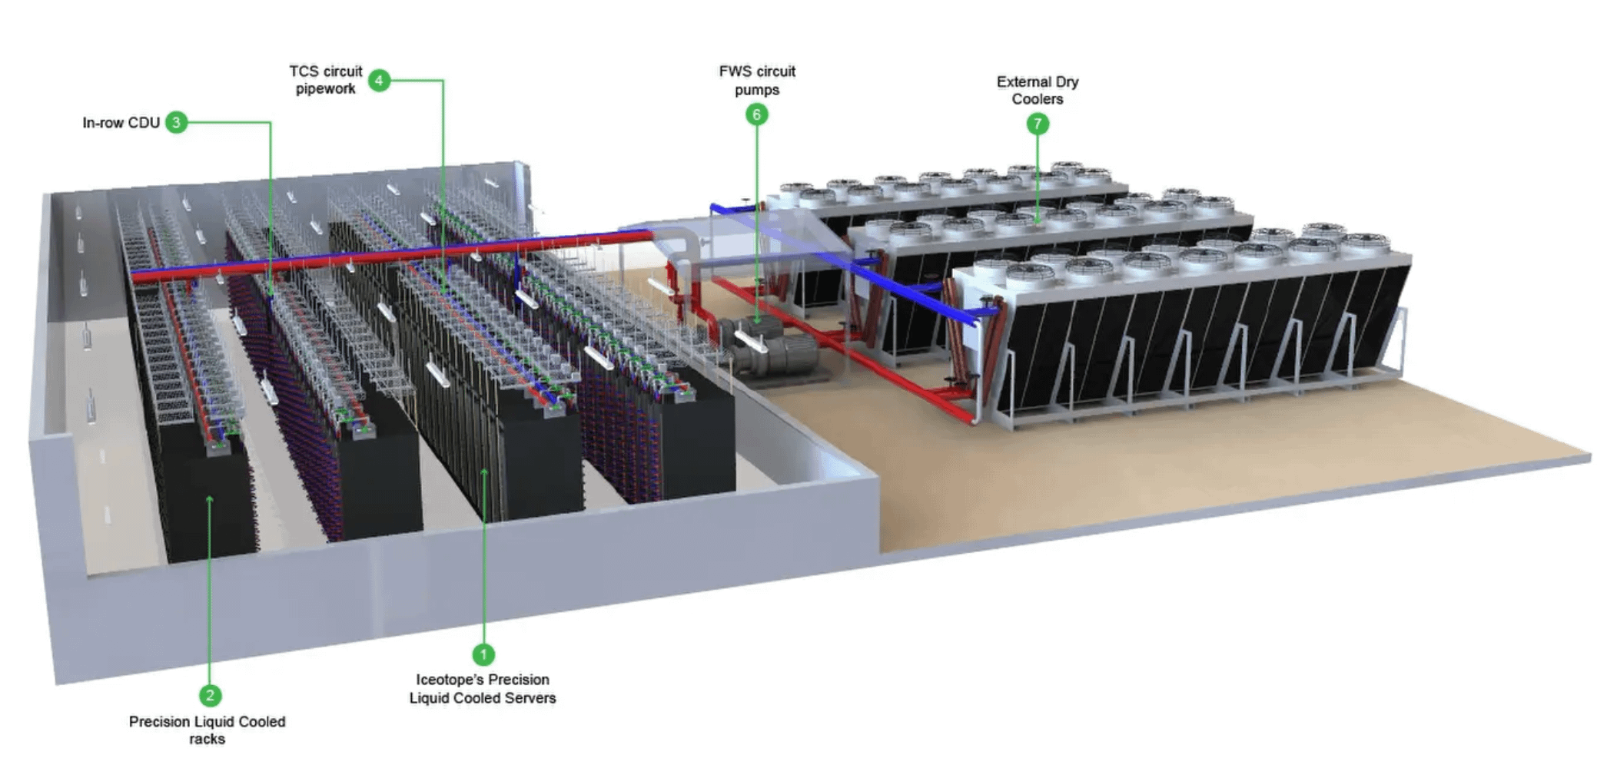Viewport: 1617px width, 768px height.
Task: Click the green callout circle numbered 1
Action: tap(483, 654)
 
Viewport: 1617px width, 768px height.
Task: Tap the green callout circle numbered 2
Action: tap(210, 696)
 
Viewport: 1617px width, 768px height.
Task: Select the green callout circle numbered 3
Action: tap(176, 122)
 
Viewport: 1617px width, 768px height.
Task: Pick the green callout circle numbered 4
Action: tap(379, 80)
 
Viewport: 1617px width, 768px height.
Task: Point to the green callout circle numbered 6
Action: tap(756, 114)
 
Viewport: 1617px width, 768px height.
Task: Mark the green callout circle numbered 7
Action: tap(1038, 124)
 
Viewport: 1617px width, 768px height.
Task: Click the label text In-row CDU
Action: tap(121, 123)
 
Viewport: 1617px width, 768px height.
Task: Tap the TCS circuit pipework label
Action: tap(325, 80)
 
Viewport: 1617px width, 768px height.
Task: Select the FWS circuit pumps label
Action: tap(757, 81)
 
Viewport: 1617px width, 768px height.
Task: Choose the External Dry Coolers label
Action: tap(1038, 90)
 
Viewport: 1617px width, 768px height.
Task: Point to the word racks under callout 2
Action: tap(207, 740)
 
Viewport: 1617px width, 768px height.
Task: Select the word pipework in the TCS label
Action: tap(325, 89)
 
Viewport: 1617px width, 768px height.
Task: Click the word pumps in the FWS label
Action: tap(757, 90)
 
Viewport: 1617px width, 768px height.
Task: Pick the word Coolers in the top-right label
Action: tap(1038, 99)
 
